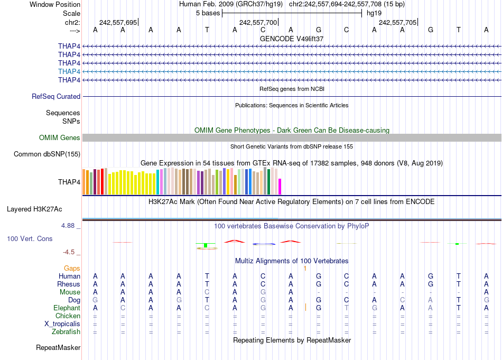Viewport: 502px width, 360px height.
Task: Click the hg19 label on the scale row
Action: click(x=374, y=13)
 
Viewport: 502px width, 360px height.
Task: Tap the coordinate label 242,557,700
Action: click(x=258, y=22)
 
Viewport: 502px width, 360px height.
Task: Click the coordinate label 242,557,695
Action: click(x=118, y=22)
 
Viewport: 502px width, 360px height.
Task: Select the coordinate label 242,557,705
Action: click(x=397, y=22)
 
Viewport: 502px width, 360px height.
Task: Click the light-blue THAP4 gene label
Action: click(x=69, y=71)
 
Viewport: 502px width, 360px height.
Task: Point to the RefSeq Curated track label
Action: click(x=56, y=97)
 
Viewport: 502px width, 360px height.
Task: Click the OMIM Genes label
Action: click(x=60, y=138)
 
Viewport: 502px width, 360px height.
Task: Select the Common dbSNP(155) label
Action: click(x=47, y=154)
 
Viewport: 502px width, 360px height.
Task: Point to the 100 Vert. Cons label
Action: click(x=30, y=239)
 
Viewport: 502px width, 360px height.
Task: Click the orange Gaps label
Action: click(x=72, y=269)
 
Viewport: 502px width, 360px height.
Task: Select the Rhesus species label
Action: click(x=69, y=284)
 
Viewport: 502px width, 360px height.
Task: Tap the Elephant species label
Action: click(x=67, y=308)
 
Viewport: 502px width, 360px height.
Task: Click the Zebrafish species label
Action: click(x=67, y=332)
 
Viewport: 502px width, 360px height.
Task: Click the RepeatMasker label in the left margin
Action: click(x=58, y=348)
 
